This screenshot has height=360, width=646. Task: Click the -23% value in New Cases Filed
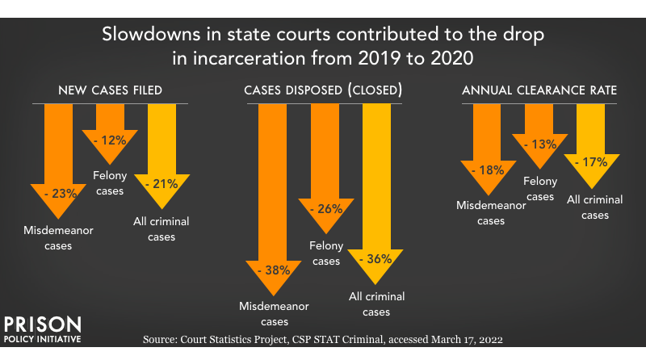pyautogui.click(x=58, y=194)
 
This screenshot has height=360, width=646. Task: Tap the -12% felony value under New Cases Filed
pyautogui.click(x=109, y=140)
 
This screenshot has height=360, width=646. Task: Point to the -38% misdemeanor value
pyautogui.click(x=272, y=270)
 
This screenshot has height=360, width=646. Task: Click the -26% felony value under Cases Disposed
pyautogui.click(x=325, y=209)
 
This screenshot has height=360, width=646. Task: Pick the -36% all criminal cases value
pyautogui.click(x=375, y=259)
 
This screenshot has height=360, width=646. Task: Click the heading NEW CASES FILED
pyautogui.click(x=110, y=91)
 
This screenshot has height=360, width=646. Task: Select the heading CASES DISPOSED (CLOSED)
pyautogui.click(x=323, y=91)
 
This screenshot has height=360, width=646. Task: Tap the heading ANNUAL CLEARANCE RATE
pyautogui.click(x=539, y=91)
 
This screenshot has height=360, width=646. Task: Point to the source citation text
pyautogui.click(x=322, y=341)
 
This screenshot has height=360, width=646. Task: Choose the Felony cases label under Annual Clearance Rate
pyautogui.click(x=539, y=189)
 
